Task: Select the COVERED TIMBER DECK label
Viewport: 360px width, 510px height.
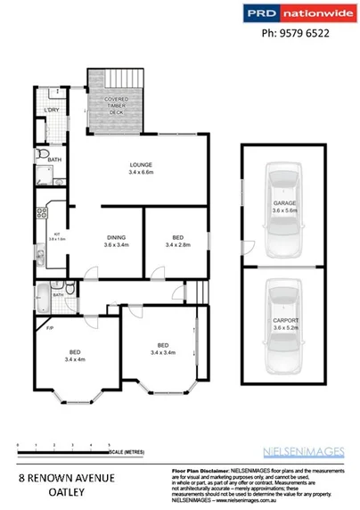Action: (x=115, y=105)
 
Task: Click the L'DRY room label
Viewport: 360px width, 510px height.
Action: (x=51, y=111)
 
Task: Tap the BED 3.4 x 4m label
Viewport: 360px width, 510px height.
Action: (x=75, y=355)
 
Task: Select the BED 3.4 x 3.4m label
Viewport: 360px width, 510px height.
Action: (x=163, y=349)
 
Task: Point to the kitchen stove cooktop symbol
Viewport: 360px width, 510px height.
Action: (x=41, y=213)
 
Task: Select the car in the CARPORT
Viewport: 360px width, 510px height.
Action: (x=283, y=324)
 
